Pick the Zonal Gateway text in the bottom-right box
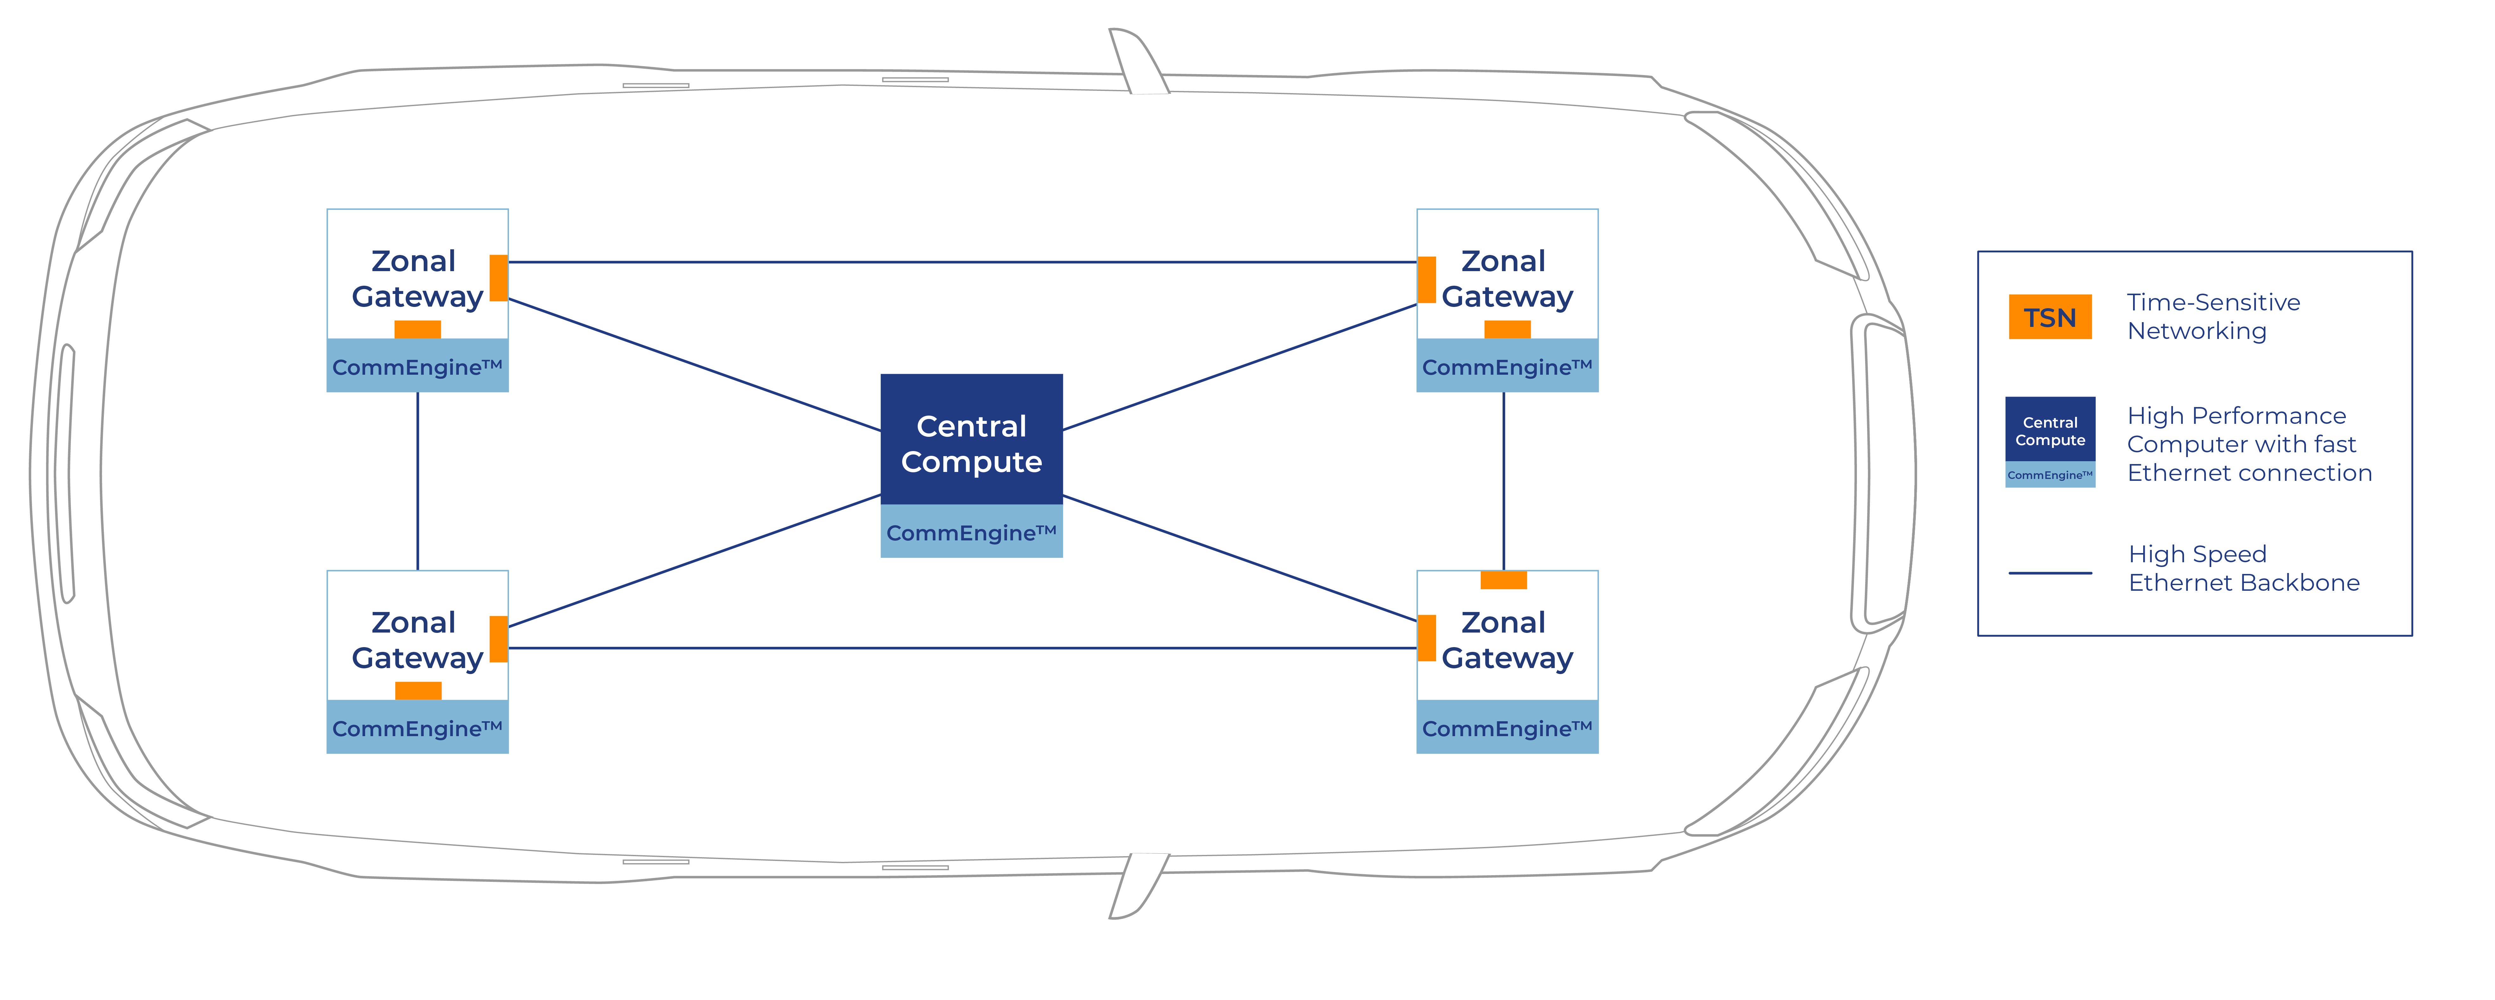pyautogui.click(x=1506, y=640)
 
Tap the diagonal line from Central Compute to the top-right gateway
pyautogui.click(x=1240, y=367)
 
